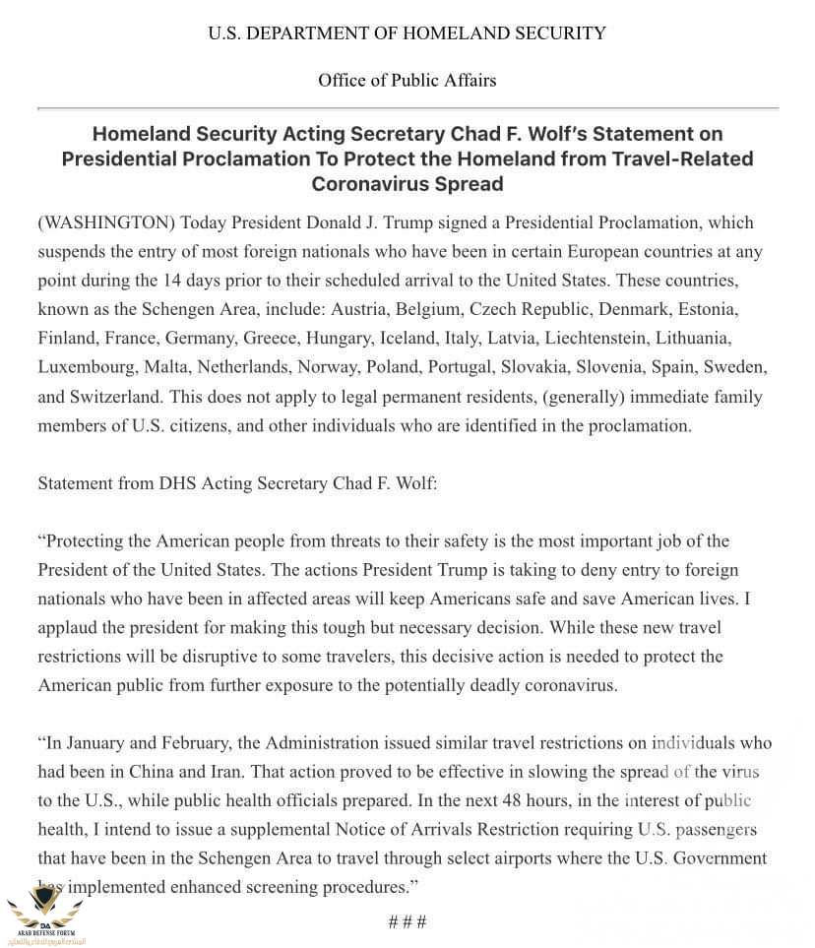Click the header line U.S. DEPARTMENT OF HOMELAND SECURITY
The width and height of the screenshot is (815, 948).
pos(407,33)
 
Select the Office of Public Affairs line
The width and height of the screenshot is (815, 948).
pos(407,81)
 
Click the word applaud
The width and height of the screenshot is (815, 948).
pos(68,627)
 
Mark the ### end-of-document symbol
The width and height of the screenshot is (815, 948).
pos(407,922)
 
